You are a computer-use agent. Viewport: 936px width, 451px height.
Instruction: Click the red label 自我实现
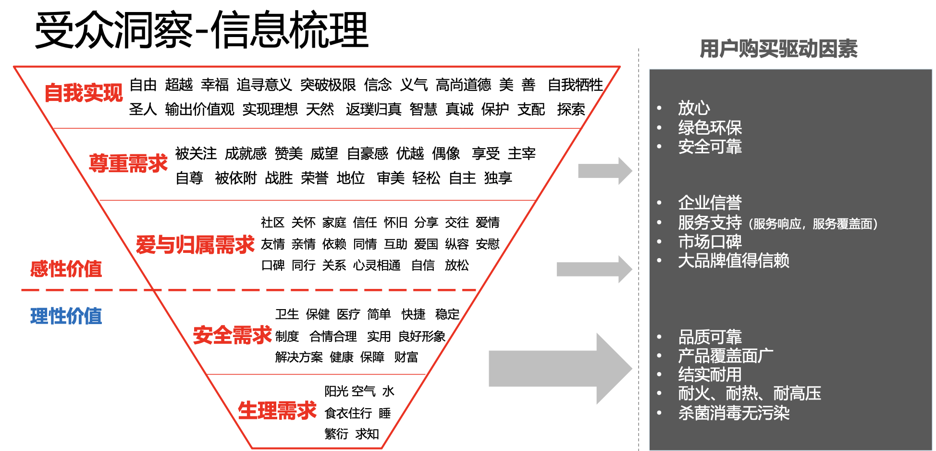(84, 93)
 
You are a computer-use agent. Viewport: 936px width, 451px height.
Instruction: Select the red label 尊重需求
(128, 163)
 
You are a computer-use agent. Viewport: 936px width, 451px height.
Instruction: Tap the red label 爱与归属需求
(195, 245)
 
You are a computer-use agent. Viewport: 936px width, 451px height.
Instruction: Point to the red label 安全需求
(232, 335)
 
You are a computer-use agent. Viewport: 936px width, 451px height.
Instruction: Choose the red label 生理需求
(277, 411)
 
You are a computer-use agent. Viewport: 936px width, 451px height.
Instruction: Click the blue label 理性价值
(66, 316)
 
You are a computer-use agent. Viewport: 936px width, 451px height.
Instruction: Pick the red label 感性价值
(66, 269)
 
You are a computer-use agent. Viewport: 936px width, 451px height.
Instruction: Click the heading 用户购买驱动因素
(778, 49)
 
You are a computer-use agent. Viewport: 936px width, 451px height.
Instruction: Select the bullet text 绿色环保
(710, 128)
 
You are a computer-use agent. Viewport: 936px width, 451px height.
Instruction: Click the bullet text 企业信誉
(710, 203)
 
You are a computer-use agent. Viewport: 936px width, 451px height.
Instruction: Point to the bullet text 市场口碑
(710, 241)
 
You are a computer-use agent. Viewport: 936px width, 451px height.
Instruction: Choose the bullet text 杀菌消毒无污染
(734, 413)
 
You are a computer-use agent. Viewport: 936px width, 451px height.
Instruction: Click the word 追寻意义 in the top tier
(264, 85)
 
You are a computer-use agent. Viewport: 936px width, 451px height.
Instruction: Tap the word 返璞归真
(373, 110)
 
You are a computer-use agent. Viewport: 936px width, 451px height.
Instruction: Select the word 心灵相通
(377, 265)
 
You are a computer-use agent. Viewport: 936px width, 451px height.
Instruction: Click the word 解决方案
(299, 357)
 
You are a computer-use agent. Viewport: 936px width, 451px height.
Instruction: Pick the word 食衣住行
(348, 413)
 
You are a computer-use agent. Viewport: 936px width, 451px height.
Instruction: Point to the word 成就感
(246, 154)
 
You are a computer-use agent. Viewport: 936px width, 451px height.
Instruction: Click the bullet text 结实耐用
(710, 375)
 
